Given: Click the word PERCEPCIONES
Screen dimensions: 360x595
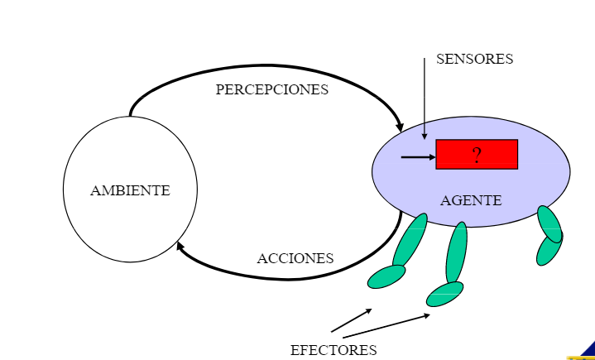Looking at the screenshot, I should (271, 89).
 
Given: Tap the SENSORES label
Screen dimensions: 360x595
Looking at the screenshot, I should (474, 60).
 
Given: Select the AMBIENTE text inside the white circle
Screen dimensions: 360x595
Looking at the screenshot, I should (130, 190).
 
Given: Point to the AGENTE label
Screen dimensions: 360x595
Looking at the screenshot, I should (470, 200).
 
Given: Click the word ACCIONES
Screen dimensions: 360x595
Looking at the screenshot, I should (295, 258).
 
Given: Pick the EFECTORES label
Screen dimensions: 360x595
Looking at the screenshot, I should (333, 350).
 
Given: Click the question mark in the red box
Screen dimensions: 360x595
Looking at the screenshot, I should (477, 156).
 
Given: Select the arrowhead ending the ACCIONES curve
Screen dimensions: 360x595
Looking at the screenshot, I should (180, 246).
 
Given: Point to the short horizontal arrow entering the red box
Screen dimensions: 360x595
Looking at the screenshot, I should (418, 156).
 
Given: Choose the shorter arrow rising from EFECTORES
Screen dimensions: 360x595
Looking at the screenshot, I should (352, 320).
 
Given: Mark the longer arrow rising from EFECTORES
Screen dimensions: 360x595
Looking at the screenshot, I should (386, 324).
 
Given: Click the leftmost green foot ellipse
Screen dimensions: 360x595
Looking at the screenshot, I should (386, 276).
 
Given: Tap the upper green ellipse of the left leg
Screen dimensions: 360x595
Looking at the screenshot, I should (410, 239).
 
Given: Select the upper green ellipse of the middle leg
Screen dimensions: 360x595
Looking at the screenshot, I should (456, 253).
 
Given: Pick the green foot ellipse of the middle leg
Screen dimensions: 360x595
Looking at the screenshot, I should (444, 293).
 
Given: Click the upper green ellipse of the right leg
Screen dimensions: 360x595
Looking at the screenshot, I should (549, 223).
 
